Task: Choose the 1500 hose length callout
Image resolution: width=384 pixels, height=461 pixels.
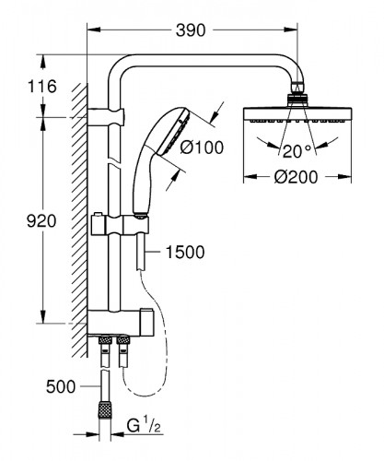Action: [185, 250]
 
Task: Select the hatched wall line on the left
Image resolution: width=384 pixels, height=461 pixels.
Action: [81, 221]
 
